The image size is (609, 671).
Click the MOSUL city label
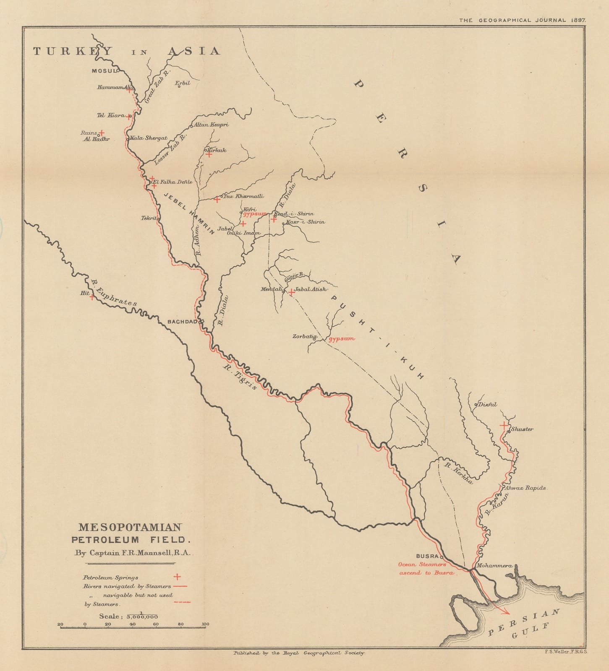[x=103, y=71]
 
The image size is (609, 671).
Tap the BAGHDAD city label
[x=182, y=322]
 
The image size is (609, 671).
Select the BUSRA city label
[x=427, y=556]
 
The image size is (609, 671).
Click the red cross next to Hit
[x=92, y=297]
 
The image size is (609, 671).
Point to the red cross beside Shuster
[x=503, y=425]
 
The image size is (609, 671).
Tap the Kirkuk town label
[x=217, y=150]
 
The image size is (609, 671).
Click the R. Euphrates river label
[x=113, y=290]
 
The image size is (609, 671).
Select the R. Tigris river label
[x=240, y=377]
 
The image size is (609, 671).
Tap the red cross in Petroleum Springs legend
[x=177, y=577]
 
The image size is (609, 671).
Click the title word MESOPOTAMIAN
[x=130, y=527]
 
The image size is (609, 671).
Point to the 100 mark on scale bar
[x=205, y=624]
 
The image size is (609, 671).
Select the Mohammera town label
[x=494, y=566]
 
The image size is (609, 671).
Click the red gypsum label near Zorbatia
[x=341, y=338]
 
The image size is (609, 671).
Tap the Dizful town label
[x=487, y=404]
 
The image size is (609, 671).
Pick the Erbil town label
[x=183, y=83]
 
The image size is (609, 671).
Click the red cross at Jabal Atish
[x=291, y=292]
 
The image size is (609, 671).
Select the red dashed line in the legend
[x=182, y=602]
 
